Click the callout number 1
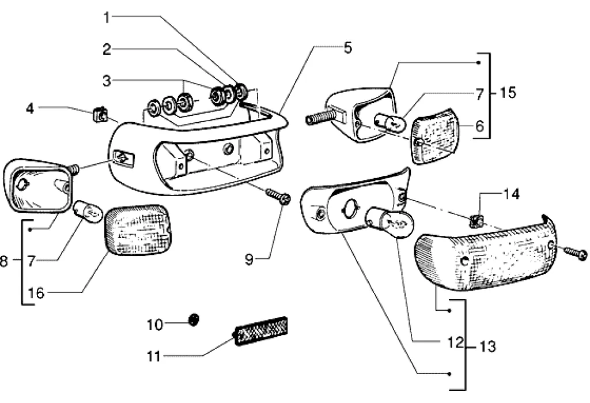click(x=107, y=18)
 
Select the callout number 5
click(x=347, y=47)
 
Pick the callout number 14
click(x=511, y=194)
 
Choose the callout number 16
click(x=36, y=293)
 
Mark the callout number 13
click(x=487, y=346)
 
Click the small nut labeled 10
click(x=194, y=318)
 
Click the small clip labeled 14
click(x=475, y=220)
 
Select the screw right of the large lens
click(x=576, y=253)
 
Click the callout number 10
click(x=155, y=325)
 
